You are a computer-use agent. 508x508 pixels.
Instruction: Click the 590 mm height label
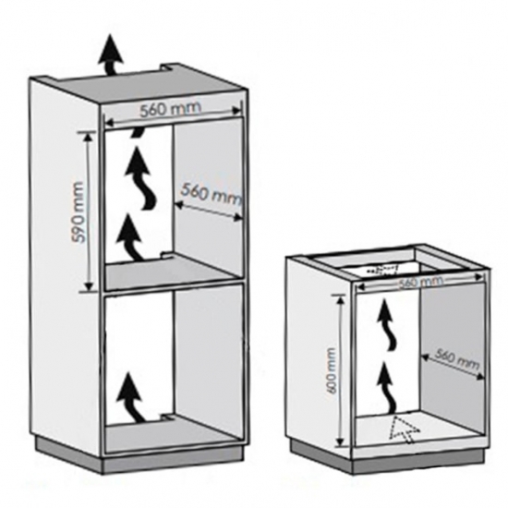click(78, 212)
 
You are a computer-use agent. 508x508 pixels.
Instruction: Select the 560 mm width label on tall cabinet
click(171, 109)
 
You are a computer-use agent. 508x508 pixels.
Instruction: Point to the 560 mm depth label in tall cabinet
click(211, 194)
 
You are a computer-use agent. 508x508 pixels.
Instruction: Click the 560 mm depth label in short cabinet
click(456, 358)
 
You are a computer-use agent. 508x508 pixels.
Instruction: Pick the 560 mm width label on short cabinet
click(420, 282)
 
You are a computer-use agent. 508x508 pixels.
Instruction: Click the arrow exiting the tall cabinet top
click(111, 55)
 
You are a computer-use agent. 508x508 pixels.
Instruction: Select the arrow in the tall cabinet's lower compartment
click(132, 398)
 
